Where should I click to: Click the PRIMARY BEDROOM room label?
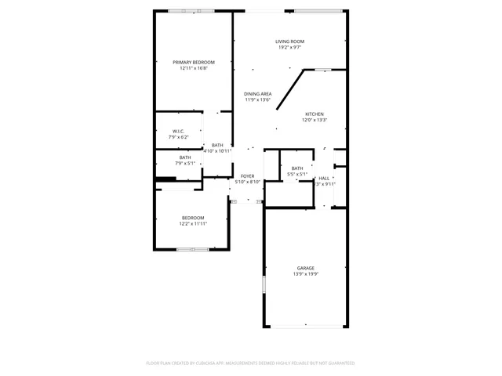(x=194, y=62)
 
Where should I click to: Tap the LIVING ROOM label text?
(x=289, y=42)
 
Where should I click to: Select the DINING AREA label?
(x=257, y=94)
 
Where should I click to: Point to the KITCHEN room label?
(x=315, y=114)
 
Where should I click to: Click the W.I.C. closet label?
(x=179, y=131)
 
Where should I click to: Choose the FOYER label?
(x=247, y=176)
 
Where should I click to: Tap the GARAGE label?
(x=305, y=268)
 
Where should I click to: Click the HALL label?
(x=324, y=178)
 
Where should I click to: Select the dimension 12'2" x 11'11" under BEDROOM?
(x=193, y=224)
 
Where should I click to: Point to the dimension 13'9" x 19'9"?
(x=305, y=274)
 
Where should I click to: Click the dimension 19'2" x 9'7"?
(x=289, y=48)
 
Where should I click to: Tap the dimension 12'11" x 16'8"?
(x=194, y=68)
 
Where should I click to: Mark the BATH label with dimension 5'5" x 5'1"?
(x=297, y=168)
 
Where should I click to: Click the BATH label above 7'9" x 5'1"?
(x=184, y=157)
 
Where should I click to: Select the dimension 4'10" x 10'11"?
(x=217, y=151)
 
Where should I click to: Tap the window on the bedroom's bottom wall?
(x=192, y=250)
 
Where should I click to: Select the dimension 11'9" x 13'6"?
(x=257, y=100)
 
